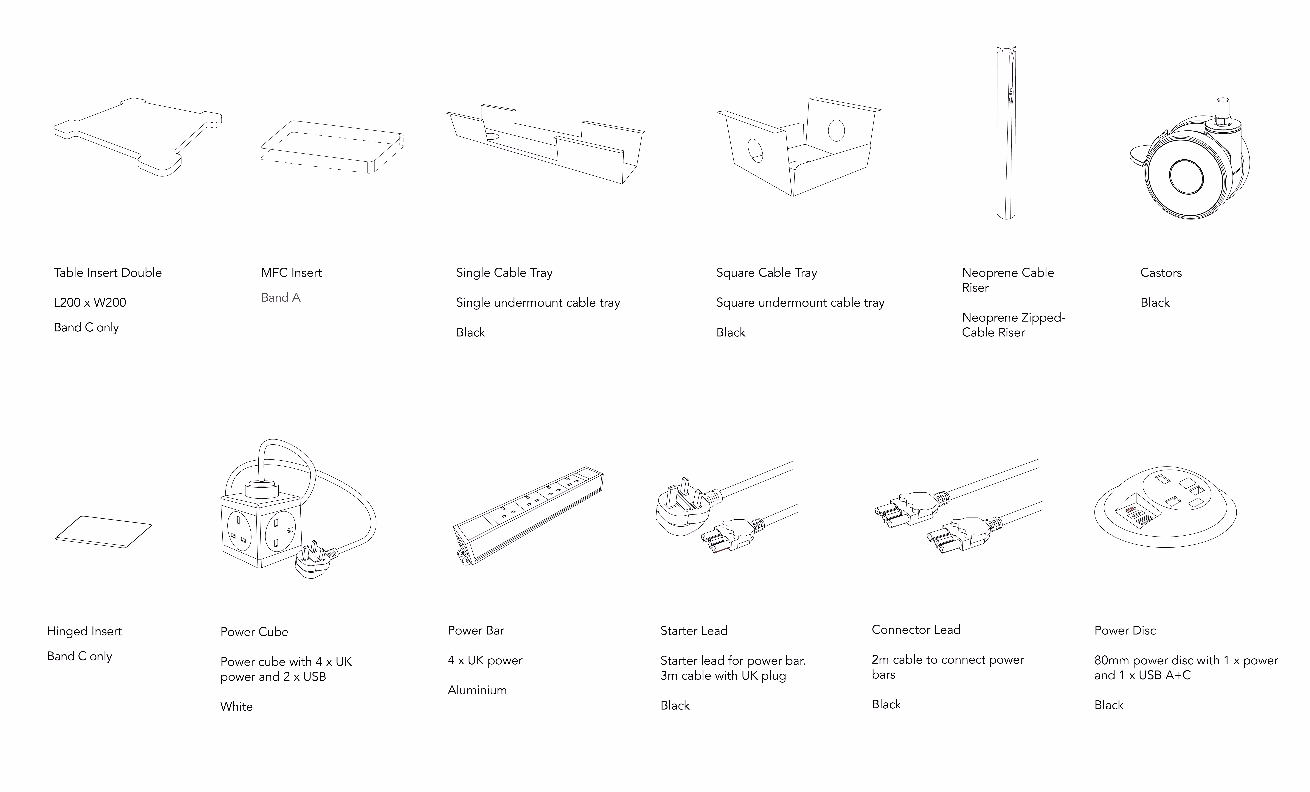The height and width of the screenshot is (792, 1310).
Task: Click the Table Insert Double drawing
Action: (137, 137)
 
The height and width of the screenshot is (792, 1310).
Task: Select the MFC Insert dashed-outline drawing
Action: (332, 147)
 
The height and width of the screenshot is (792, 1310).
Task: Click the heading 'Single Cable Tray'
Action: (504, 273)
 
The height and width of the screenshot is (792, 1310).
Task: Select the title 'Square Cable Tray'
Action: (766, 273)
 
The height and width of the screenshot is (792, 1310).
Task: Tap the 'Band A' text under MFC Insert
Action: (281, 298)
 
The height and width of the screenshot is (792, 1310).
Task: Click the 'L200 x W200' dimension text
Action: (90, 303)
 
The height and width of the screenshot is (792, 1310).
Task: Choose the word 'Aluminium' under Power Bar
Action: (477, 690)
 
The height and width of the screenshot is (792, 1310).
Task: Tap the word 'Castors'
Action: (1161, 273)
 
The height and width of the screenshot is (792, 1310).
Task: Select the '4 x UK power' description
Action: (485, 660)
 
